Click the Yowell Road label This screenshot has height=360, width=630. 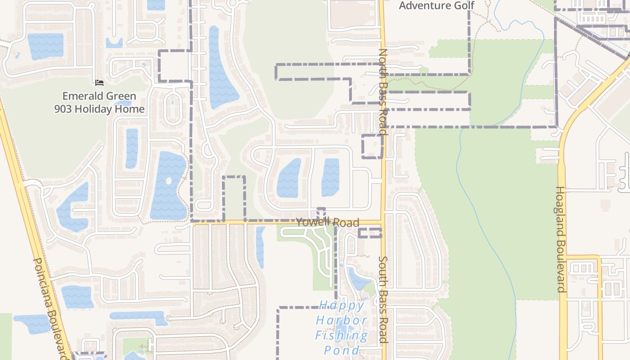click(328, 222)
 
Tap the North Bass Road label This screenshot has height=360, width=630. click(383, 92)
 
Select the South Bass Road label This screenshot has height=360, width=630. click(383, 300)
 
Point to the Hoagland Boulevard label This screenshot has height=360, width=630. click(561, 239)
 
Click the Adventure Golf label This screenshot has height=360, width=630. click(436, 5)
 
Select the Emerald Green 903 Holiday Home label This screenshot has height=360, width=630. click(99, 103)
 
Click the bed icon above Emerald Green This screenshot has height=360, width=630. click(99, 82)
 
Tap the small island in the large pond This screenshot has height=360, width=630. click(169, 181)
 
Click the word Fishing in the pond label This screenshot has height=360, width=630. click(341, 335)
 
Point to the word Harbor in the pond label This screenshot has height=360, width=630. click(342, 320)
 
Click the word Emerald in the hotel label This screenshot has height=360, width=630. click(81, 96)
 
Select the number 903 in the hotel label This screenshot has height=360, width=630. click(64, 109)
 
